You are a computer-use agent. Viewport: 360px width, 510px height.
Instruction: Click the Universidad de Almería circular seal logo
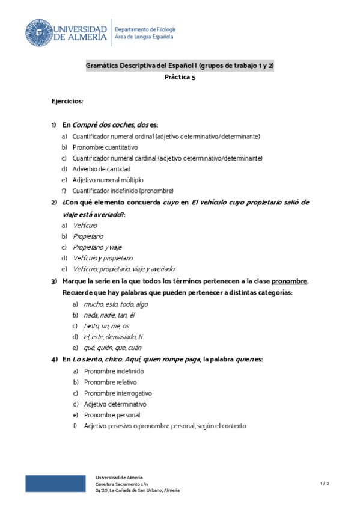[39, 32]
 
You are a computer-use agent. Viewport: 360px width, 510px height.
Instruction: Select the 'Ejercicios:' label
[67, 102]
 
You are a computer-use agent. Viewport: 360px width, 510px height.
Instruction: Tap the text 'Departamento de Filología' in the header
[145, 29]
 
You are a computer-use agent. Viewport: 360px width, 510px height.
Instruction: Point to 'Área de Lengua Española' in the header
[144, 37]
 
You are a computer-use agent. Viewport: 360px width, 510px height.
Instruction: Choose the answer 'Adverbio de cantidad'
[102, 169]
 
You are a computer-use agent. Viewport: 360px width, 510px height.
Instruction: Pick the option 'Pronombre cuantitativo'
[105, 147]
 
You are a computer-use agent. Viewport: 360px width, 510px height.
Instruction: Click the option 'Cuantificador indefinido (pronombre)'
[123, 191]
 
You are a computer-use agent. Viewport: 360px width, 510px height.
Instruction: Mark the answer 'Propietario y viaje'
[97, 247]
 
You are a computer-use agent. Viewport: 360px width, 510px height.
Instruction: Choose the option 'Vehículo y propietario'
[103, 258]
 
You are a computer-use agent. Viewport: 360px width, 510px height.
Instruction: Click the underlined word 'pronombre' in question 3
[290, 281]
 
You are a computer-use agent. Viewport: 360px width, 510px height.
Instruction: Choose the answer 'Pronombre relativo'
[111, 382]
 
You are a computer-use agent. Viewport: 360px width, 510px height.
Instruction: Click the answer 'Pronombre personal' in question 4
[112, 415]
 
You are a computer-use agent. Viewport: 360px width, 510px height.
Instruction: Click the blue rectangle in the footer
[55, 484]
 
